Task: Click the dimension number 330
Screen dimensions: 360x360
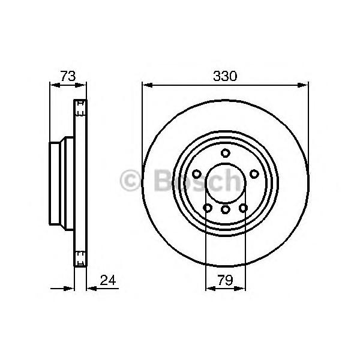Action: pyautogui.click(x=225, y=76)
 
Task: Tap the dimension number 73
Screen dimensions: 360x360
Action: pyautogui.click(x=68, y=76)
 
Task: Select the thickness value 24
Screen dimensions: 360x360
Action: pyautogui.click(x=108, y=280)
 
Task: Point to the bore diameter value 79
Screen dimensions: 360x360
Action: pyautogui.click(x=225, y=280)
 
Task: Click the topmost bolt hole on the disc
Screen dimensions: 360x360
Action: pyautogui.click(x=226, y=153)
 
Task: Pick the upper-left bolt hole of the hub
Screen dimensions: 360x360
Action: pyautogui.click(x=197, y=174)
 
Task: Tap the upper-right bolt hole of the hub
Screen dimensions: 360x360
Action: pyautogui.click(x=254, y=174)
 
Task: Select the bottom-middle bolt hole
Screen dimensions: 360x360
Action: pyautogui.click(x=226, y=209)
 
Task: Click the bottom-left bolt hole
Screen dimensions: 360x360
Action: pyautogui.click(x=208, y=208)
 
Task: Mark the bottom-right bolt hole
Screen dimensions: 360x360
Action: pyautogui.click(x=243, y=208)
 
